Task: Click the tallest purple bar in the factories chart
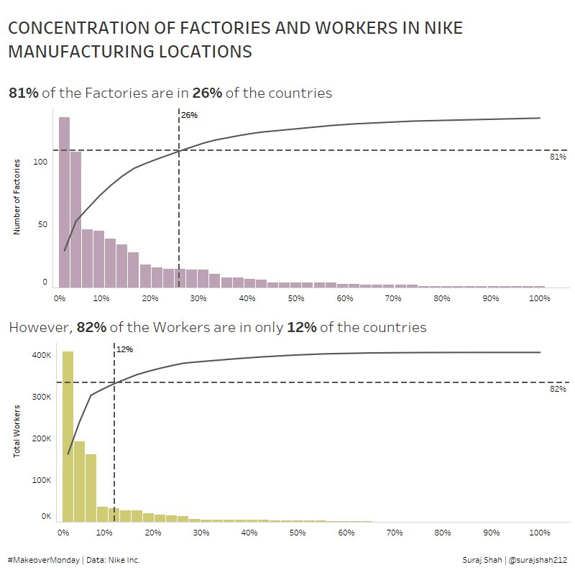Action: (x=64, y=201)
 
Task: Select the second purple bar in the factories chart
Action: (x=75, y=219)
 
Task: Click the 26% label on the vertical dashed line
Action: (x=189, y=115)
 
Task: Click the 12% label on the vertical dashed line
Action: (x=124, y=349)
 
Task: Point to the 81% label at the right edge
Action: (x=558, y=157)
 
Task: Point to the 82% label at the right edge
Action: (x=558, y=389)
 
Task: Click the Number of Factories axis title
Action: (x=17, y=197)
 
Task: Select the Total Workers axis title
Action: (x=17, y=431)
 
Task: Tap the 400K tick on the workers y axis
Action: (x=41, y=355)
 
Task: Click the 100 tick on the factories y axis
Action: (x=40, y=162)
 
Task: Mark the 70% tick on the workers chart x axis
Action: (x=393, y=533)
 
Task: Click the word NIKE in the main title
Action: (x=439, y=29)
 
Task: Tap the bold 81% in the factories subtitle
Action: (x=23, y=93)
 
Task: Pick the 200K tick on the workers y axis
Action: (x=41, y=438)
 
